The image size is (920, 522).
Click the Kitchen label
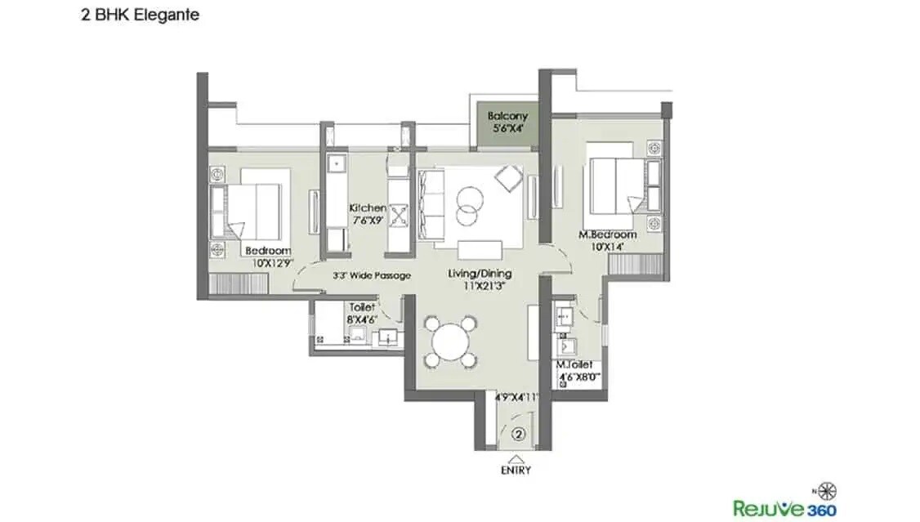click(367, 208)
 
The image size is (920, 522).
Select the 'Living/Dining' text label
click(479, 274)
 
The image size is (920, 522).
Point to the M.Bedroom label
click(607, 235)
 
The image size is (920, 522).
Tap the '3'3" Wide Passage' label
click(372, 275)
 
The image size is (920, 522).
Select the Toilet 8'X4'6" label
click(361, 313)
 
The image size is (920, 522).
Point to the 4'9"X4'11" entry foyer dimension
click(516, 399)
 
